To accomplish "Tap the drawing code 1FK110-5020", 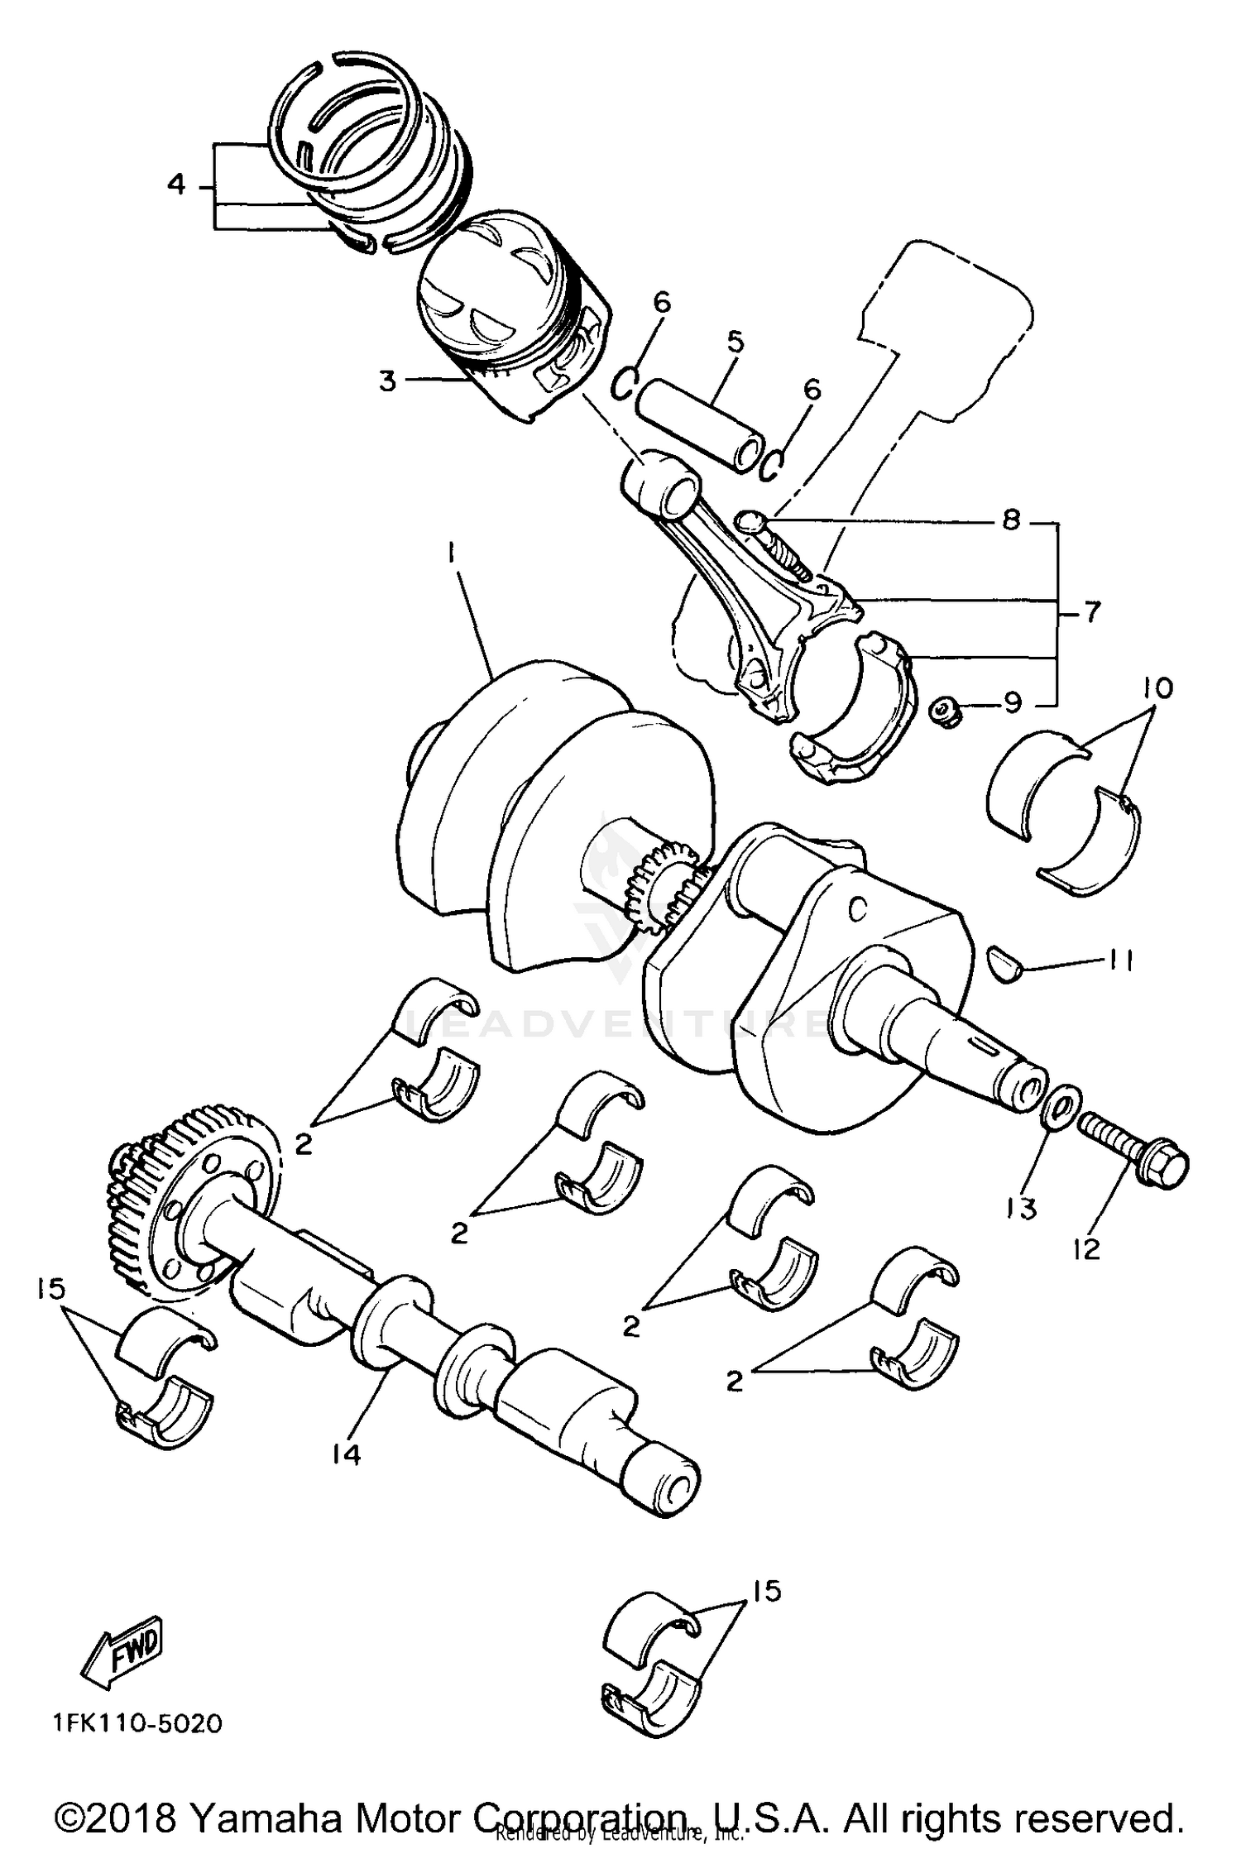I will pos(137,1722).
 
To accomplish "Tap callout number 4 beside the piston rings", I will pos(176,184).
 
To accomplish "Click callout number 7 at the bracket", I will pos(1092,613).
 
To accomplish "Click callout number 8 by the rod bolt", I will pos(1011,521).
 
